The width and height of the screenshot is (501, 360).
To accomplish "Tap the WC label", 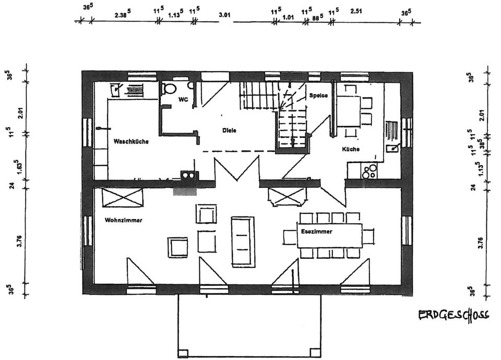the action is click(183, 99).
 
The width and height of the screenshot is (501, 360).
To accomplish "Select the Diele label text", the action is click(229, 130).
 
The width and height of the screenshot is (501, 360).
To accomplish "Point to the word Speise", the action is click(318, 95).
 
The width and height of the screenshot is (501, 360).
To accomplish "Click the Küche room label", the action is click(351, 149).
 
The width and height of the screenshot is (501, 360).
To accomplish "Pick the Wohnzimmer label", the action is click(123, 220).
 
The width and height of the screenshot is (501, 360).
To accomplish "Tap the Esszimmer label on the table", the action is click(316, 231).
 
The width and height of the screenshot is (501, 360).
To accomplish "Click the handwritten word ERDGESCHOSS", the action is click(453, 315).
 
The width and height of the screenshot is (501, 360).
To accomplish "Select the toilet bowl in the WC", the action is click(169, 89).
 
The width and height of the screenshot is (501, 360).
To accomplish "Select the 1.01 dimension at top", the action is click(288, 17).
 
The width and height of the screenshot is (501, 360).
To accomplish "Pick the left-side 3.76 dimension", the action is click(19, 240).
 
